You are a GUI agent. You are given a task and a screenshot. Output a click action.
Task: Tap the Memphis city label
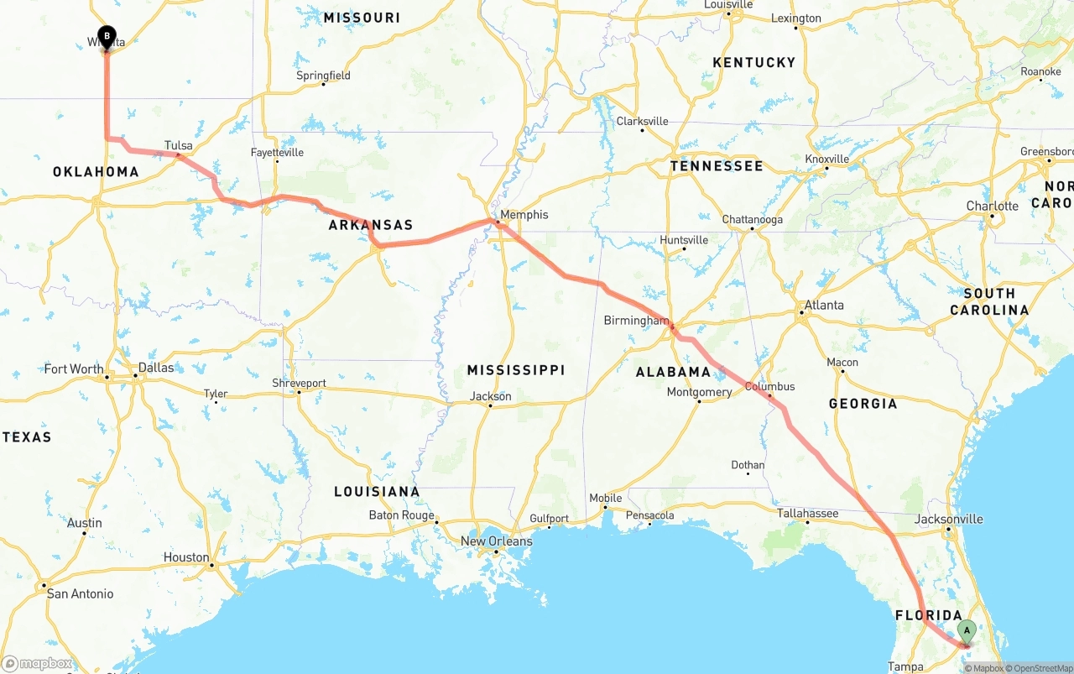tap(524, 215)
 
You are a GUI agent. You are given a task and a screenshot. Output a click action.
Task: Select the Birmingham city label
tap(636, 321)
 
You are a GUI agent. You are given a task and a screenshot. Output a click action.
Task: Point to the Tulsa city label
tap(179, 146)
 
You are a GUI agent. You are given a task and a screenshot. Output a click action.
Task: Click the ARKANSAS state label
tap(370, 225)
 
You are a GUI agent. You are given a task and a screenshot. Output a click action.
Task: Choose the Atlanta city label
tap(824, 306)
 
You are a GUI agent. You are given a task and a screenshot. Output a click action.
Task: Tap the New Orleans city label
tap(496, 541)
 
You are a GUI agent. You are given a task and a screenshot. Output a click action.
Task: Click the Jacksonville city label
tap(948, 520)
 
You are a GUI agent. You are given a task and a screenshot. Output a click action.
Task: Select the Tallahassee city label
tap(807, 514)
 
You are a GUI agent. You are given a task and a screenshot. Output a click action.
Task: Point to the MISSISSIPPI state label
tap(516, 370)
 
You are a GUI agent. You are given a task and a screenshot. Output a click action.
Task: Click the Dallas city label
tap(156, 368)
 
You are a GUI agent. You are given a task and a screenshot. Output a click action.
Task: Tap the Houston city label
tap(186, 557)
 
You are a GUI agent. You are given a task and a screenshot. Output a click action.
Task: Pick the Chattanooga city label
tap(752, 220)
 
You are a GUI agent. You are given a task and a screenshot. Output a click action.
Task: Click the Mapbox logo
tap(38, 664)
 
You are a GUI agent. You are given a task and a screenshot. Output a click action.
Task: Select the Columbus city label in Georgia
tap(769, 387)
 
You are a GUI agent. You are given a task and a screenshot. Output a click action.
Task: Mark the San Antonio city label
tap(80, 594)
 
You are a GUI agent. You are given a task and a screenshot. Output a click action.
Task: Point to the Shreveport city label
tap(299, 384)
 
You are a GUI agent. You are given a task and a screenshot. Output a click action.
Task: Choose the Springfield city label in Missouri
tap(323, 76)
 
